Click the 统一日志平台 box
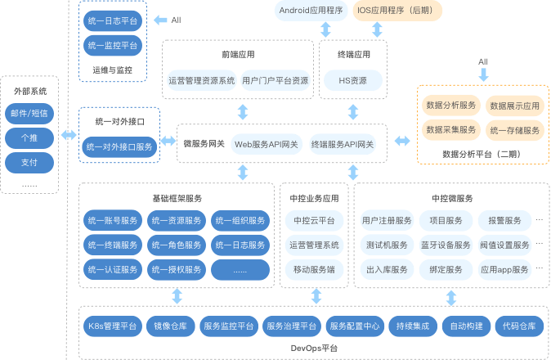[x=113, y=20]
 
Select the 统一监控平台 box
[x=113, y=45]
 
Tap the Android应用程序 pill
[x=311, y=11]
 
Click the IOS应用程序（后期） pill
[x=397, y=11]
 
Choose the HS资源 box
[x=353, y=80]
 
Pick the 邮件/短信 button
[x=29, y=114]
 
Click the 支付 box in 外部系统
[x=29, y=163]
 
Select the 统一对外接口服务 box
[x=119, y=147]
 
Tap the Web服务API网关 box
[x=267, y=145]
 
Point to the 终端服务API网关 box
[x=343, y=145]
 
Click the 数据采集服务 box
[x=451, y=130]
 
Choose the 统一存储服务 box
[x=515, y=130]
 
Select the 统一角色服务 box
[x=177, y=245]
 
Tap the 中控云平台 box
[x=314, y=220]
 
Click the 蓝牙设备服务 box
[x=446, y=245]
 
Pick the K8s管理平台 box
[x=113, y=326]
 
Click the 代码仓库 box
[x=519, y=326]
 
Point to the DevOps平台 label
[x=314, y=349]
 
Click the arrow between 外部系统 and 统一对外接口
[x=69, y=135]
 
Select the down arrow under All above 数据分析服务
[x=483, y=74]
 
